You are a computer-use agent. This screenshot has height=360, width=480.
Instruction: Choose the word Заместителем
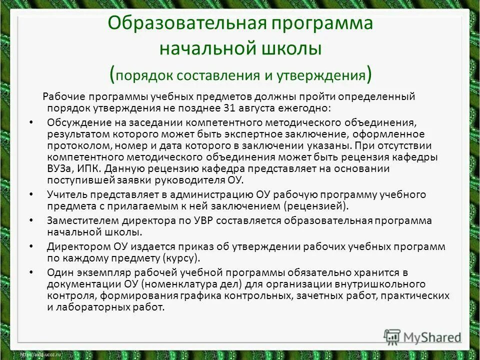click(x=78, y=220)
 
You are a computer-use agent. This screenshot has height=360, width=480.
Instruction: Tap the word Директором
click(x=74, y=246)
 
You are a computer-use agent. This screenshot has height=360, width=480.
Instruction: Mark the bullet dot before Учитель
click(x=31, y=194)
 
